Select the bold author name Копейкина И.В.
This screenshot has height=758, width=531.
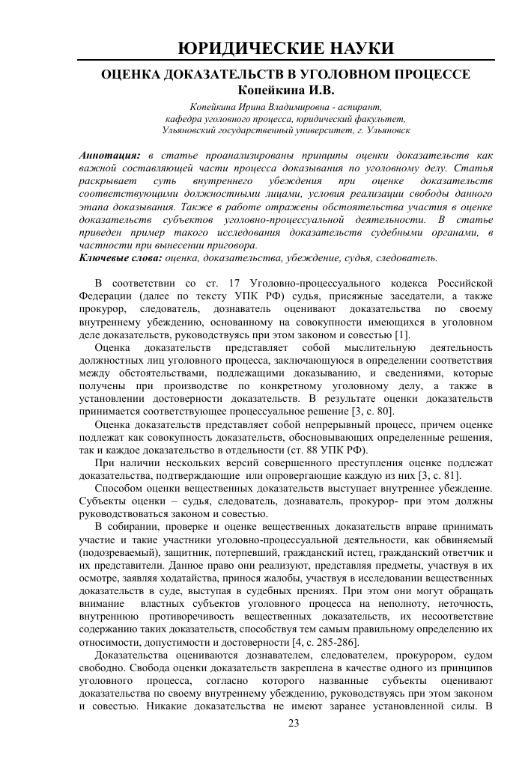tap(265, 90)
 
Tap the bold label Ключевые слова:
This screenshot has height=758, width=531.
tap(121, 257)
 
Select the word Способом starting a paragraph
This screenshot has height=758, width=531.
tap(119, 489)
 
